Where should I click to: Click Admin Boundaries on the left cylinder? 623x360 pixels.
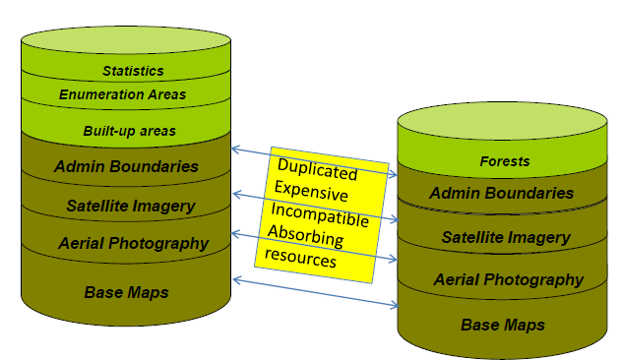(x=126, y=166)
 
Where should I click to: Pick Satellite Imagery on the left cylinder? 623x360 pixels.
(x=131, y=206)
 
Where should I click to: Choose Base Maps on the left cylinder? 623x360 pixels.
(x=127, y=292)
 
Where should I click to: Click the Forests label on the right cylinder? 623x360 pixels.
(x=504, y=161)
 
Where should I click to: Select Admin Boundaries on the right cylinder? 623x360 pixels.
(x=502, y=194)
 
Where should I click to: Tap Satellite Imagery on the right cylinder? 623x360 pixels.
(x=506, y=237)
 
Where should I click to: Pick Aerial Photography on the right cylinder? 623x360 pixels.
(x=509, y=280)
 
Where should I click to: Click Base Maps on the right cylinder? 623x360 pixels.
(x=503, y=325)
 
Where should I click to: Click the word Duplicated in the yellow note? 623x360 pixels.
(x=316, y=166)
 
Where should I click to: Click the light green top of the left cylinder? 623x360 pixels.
(x=125, y=42)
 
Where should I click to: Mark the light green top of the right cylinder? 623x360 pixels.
(x=503, y=126)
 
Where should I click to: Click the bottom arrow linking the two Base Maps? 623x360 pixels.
(x=314, y=292)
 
